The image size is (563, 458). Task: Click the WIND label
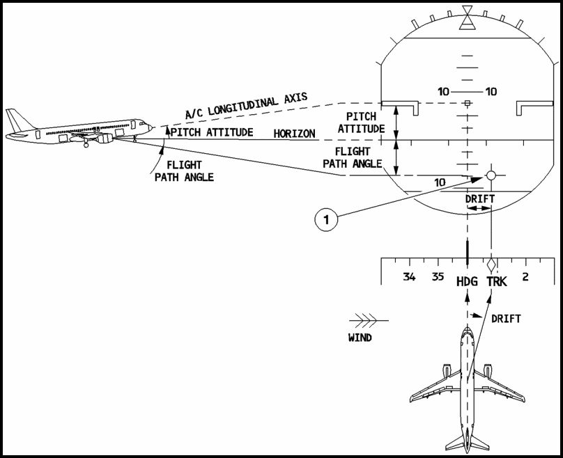360,338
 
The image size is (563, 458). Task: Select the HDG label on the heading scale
467,282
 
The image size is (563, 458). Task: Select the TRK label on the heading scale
497,282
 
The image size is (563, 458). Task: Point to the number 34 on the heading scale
409,277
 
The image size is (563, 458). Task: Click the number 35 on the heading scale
438,277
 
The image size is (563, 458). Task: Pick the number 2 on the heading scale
525,277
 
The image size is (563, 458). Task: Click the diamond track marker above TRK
492,265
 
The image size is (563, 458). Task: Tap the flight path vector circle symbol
491,175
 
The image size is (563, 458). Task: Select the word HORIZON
294,133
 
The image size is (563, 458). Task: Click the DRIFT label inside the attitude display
479,199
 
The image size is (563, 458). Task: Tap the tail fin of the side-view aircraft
15,118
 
